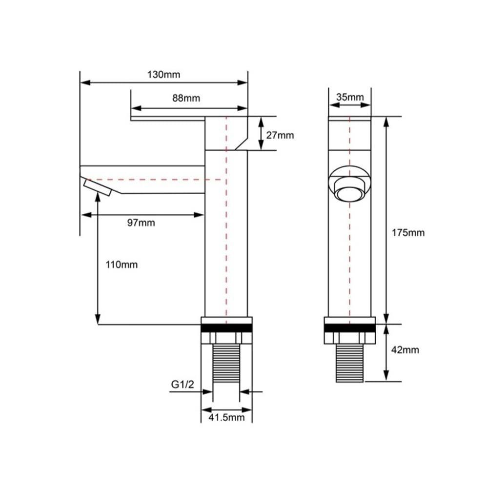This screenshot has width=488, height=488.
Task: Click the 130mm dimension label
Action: coord(163,75)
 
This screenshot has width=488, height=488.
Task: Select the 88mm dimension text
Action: coord(186,98)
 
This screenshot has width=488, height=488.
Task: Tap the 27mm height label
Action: coord(280,135)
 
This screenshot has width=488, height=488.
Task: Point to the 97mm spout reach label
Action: coord(141,223)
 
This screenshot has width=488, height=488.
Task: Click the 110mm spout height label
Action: coord(122,265)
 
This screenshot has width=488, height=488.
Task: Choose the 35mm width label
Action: coord(350,97)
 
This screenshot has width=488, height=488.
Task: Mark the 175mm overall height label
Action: coord(408,233)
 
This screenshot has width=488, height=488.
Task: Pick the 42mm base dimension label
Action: coord(405,350)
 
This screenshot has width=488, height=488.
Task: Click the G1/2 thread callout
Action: coord(183,385)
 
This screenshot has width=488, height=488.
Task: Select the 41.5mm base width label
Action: coord(226,417)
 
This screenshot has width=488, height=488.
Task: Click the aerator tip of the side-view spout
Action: coord(98,188)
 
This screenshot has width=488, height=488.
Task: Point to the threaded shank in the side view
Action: coord(226,363)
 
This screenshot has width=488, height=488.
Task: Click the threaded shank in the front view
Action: coord(350,363)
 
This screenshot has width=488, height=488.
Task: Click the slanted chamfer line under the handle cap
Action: coord(241,143)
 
